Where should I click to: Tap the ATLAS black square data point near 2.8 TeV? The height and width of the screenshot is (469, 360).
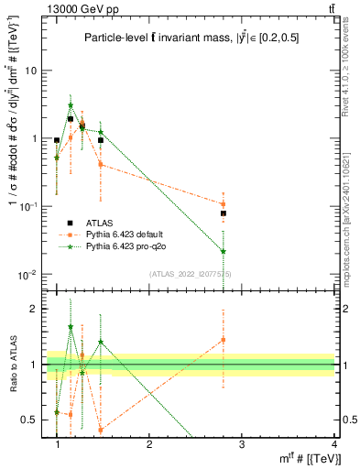pyautogui.click(x=224, y=213)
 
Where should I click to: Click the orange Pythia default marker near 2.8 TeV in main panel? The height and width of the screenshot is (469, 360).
pyautogui.click(x=224, y=204)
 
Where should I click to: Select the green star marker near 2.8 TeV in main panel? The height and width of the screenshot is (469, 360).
pyautogui.click(x=224, y=251)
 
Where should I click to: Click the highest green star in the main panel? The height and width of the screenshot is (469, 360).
pyautogui.click(x=71, y=105)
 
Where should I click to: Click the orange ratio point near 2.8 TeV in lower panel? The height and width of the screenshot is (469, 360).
pyautogui.click(x=224, y=340)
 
